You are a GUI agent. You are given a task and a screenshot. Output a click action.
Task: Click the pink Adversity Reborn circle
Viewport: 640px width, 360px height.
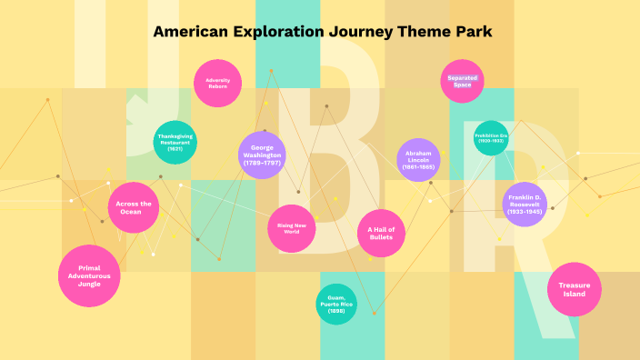217,84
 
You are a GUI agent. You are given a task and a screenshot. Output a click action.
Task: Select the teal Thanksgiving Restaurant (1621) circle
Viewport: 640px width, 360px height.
175,143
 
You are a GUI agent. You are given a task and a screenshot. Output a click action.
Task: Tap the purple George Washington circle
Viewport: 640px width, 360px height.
263,155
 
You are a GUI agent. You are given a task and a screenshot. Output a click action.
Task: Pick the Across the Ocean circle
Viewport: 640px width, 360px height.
135,208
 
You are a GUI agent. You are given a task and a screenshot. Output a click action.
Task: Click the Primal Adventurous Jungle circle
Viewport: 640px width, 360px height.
90,276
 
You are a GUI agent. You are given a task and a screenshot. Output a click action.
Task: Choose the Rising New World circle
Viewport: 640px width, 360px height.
292,228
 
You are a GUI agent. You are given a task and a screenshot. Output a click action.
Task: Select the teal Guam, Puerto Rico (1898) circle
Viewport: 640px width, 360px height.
336,304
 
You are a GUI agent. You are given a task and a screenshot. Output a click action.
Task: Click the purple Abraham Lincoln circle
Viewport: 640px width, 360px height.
419,160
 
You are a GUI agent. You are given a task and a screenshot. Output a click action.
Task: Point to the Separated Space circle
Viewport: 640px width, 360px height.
463,82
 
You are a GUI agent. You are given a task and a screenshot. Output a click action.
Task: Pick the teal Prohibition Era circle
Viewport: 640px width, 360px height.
491,138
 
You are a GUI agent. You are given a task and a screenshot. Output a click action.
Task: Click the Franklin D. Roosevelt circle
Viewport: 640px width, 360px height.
525,204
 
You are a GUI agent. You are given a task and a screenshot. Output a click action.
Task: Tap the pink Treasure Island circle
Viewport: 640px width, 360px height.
575,290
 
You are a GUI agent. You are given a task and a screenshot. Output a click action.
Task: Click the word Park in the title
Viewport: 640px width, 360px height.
472,32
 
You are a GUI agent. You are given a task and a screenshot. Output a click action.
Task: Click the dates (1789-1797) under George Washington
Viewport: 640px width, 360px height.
263,163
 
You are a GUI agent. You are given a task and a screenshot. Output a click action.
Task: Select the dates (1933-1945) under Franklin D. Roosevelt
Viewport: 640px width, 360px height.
525,212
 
